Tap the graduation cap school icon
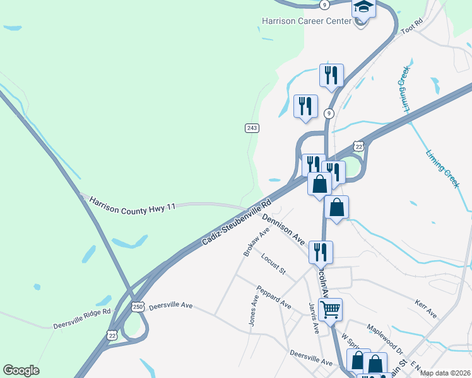[363, 8]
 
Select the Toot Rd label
[410, 26]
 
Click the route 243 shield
[252, 128]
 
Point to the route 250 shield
[138, 307]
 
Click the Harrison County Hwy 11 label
[132, 203]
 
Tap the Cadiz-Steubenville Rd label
[237, 222]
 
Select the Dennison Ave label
[283, 229]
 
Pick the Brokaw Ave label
[256, 242]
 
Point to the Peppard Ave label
[273, 297]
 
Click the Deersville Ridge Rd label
[81, 319]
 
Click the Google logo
[21, 370]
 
